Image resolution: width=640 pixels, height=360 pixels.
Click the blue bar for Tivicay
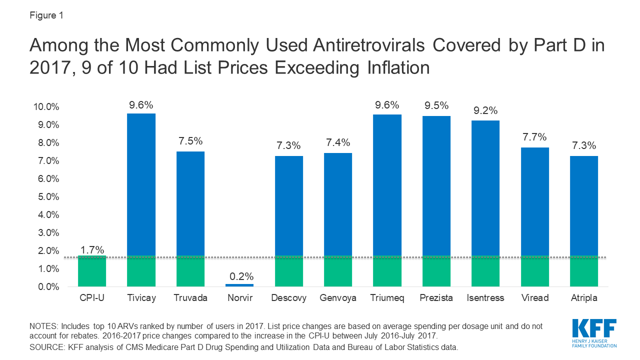[141, 185]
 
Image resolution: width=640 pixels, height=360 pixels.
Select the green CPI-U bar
[92, 271]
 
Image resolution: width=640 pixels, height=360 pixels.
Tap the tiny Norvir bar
[239, 285]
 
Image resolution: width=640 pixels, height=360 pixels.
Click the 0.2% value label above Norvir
[239, 276]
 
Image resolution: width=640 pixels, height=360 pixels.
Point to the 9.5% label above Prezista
[436, 106]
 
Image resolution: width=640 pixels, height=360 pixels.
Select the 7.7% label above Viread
[534, 137]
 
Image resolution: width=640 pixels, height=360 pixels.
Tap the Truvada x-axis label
[190, 298]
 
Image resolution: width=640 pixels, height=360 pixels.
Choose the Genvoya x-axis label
[338, 298]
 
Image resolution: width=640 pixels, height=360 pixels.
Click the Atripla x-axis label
[583, 298]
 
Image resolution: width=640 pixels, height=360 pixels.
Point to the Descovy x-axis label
[288, 298]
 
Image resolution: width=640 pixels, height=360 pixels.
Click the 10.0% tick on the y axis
[46, 107]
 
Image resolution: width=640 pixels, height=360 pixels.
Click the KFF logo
[594, 332]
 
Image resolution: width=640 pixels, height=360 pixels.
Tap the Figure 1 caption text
[46, 15]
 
